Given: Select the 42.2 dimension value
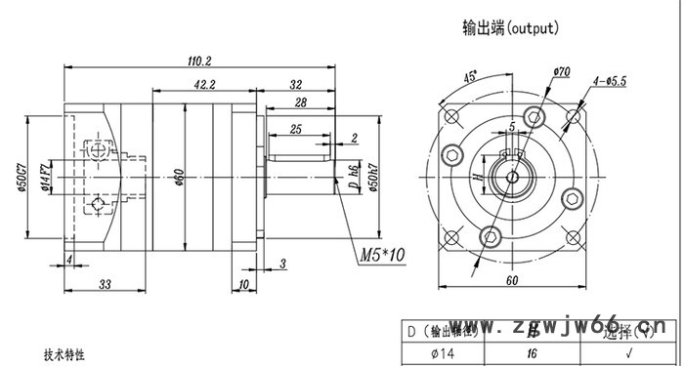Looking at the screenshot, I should pos(204,85).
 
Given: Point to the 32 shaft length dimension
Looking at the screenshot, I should pos(296,85).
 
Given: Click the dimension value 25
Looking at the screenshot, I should pos(294,129).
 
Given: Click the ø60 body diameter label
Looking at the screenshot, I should pos(179,176).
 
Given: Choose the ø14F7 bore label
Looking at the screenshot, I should pos(45,177).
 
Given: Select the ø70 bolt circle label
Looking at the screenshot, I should pos(561,71).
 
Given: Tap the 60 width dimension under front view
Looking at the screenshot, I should pos(511,281).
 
